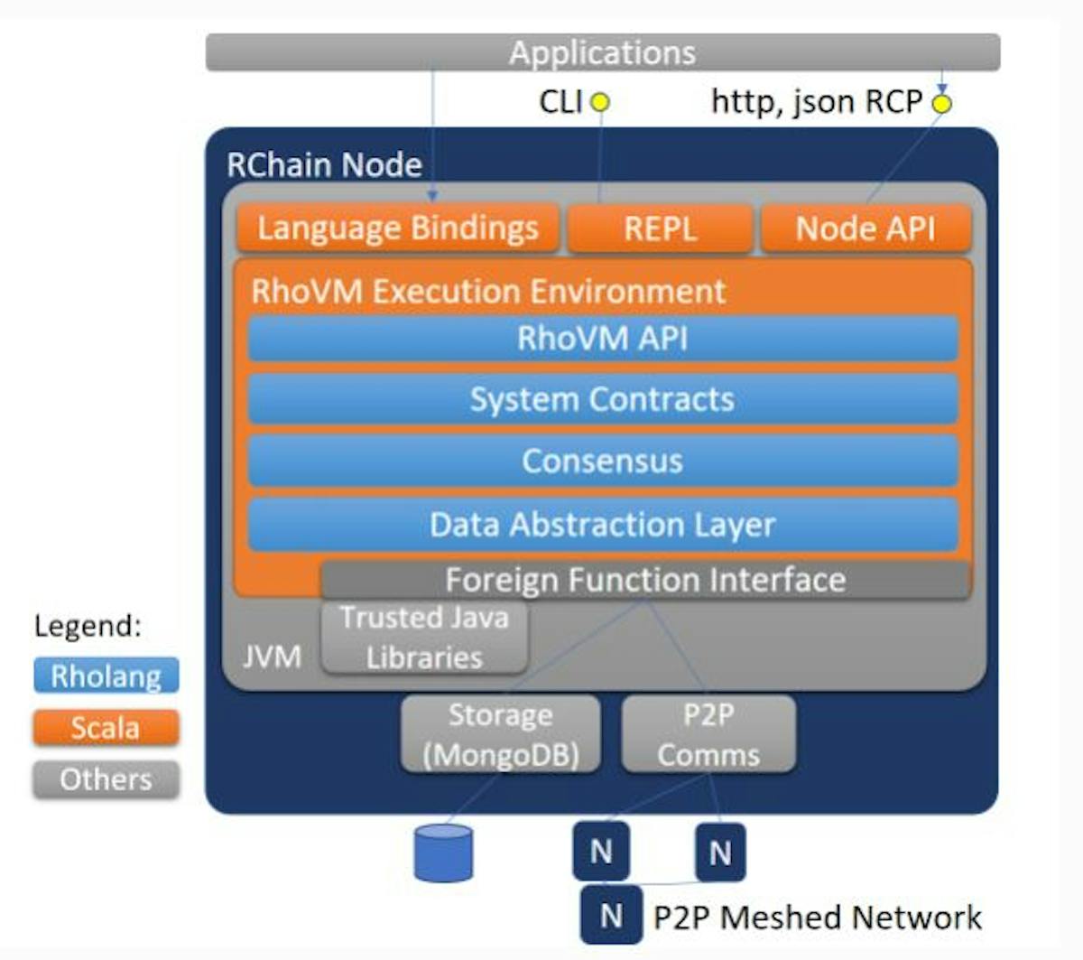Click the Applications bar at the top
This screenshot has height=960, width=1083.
603,51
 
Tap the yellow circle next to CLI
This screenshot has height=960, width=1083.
600,102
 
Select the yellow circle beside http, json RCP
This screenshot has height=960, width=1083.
941,103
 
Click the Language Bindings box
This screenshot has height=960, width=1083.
398,228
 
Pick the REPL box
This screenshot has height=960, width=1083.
660,228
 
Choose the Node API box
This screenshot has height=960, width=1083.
866,228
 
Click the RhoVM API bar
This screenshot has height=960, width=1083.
603,338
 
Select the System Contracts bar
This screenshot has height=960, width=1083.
603,399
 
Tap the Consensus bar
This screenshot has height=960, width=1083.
603,461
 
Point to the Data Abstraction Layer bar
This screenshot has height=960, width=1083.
603,524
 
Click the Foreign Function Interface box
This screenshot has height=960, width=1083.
645,580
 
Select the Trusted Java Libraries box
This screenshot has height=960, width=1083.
424,637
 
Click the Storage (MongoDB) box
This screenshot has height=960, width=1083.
500,733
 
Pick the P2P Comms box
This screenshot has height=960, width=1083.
708,733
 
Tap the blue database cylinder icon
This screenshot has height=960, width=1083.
443,853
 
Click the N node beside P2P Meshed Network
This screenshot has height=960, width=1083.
611,915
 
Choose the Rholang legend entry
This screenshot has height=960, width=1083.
106,676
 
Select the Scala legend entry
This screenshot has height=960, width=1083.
106,727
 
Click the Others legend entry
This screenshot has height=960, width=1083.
106,779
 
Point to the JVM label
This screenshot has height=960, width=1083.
272,657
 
